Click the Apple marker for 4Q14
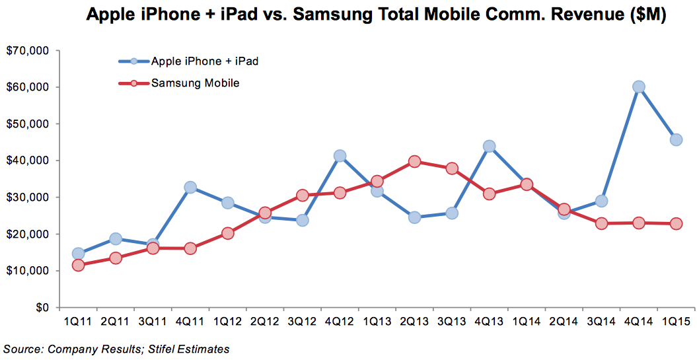tap(639, 87)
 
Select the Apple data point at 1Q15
tap(676, 139)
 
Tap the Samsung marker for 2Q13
tap(414, 161)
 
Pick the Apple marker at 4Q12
tap(340, 156)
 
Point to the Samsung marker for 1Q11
tap(78, 265)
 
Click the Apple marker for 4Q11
tap(190, 188)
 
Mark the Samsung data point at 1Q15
tap(676, 223)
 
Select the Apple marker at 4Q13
tap(489, 146)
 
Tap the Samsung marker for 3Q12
tap(303, 195)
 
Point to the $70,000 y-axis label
tap(27, 50)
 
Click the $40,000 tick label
tap(27, 161)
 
